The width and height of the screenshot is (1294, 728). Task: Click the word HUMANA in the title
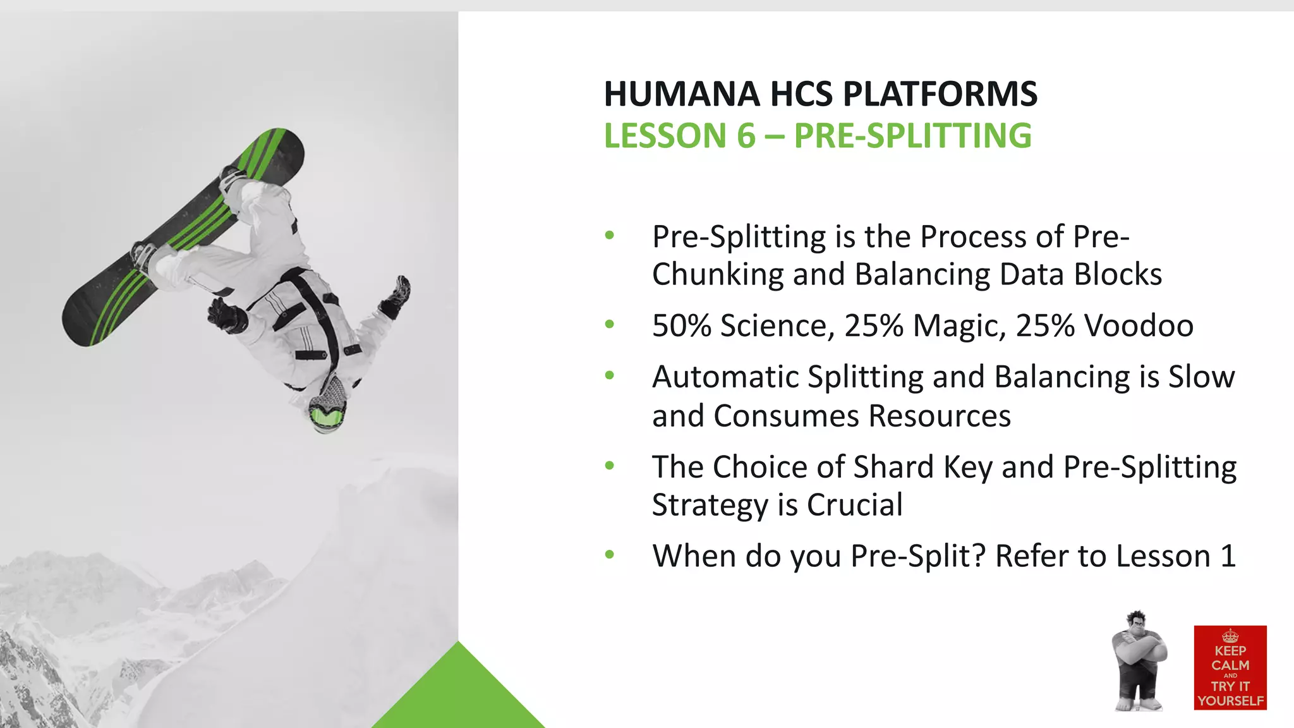coord(682,94)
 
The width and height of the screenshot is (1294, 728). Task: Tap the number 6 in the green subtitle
coord(746,136)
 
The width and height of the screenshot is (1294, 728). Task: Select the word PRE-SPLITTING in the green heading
coord(912,136)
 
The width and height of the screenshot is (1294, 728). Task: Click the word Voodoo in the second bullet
coord(1139,326)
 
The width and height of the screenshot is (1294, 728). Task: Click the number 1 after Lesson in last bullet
coord(1228,556)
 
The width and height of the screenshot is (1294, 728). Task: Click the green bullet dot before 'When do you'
coord(610,555)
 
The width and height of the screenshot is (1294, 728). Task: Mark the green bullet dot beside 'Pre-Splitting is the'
coord(610,236)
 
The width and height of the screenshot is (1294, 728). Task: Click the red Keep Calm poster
coord(1230,667)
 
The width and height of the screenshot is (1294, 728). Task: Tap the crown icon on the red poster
coord(1230,636)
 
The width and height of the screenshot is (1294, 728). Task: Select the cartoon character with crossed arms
coord(1139,660)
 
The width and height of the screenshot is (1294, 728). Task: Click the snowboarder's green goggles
coord(327,417)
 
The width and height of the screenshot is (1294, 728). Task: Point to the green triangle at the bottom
coord(459,695)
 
